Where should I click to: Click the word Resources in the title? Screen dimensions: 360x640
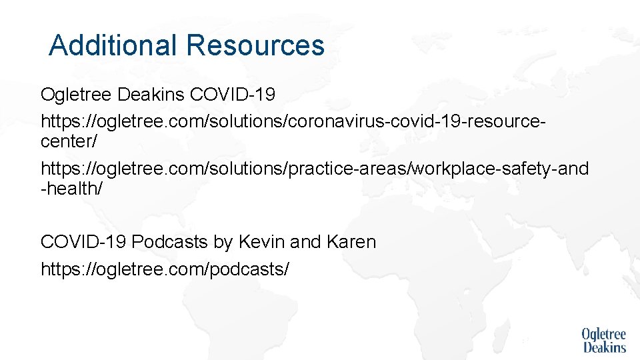pos(255,45)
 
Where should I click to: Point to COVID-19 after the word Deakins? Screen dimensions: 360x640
pos(233,95)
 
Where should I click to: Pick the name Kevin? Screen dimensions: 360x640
pos(259,242)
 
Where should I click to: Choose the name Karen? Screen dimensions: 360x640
pos(351,242)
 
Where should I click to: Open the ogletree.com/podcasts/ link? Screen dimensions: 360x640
pos(165,269)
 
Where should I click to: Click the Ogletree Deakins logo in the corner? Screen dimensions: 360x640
pos(603,340)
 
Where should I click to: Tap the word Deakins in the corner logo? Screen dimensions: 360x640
pos(605,347)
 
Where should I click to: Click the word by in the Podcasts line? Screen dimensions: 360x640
pos(221,242)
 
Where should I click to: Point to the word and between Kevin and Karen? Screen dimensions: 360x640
pos(306,242)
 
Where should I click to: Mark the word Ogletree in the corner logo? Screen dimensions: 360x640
pos(603,333)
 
